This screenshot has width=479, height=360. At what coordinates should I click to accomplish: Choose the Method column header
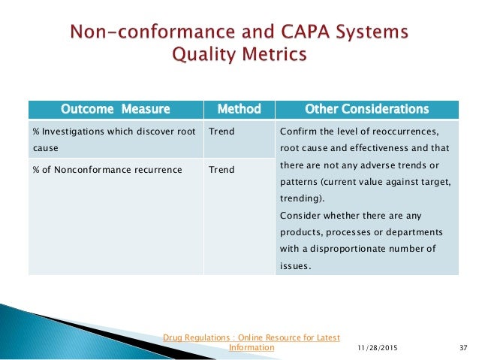coord(238,109)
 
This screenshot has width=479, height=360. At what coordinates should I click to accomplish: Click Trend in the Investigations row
coord(221,132)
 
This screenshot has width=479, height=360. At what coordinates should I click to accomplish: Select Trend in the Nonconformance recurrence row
coord(221,169)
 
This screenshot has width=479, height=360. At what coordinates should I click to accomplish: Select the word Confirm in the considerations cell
coord(294,132)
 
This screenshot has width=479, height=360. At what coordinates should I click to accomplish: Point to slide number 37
coord(462,348)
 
